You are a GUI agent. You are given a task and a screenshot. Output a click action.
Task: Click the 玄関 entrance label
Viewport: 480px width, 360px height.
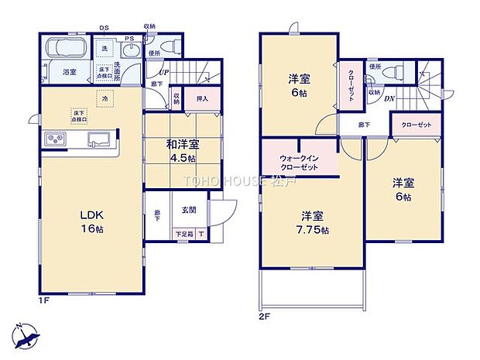tap(189, 211)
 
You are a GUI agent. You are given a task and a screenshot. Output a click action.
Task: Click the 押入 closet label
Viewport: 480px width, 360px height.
tap(201, 98)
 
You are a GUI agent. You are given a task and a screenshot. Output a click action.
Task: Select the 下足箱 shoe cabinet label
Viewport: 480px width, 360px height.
tap(184, 235)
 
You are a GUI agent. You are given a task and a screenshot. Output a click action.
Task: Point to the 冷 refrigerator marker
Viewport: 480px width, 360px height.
tap(105, 98)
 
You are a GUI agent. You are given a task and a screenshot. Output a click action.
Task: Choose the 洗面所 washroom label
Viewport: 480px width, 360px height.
tap(118, 70)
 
